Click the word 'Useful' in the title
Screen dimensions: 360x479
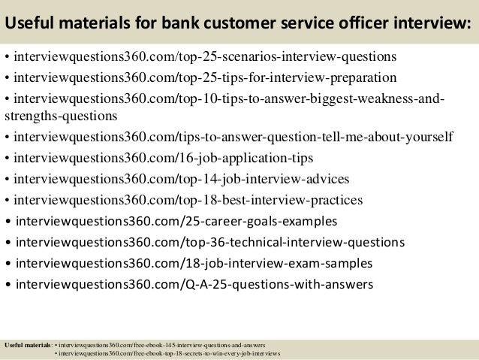(30, 25)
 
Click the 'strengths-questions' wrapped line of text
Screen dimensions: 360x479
(60, 116)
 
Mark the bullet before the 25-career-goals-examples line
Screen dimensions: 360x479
(8, 222)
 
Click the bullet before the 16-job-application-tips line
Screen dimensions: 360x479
(8, 159)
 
